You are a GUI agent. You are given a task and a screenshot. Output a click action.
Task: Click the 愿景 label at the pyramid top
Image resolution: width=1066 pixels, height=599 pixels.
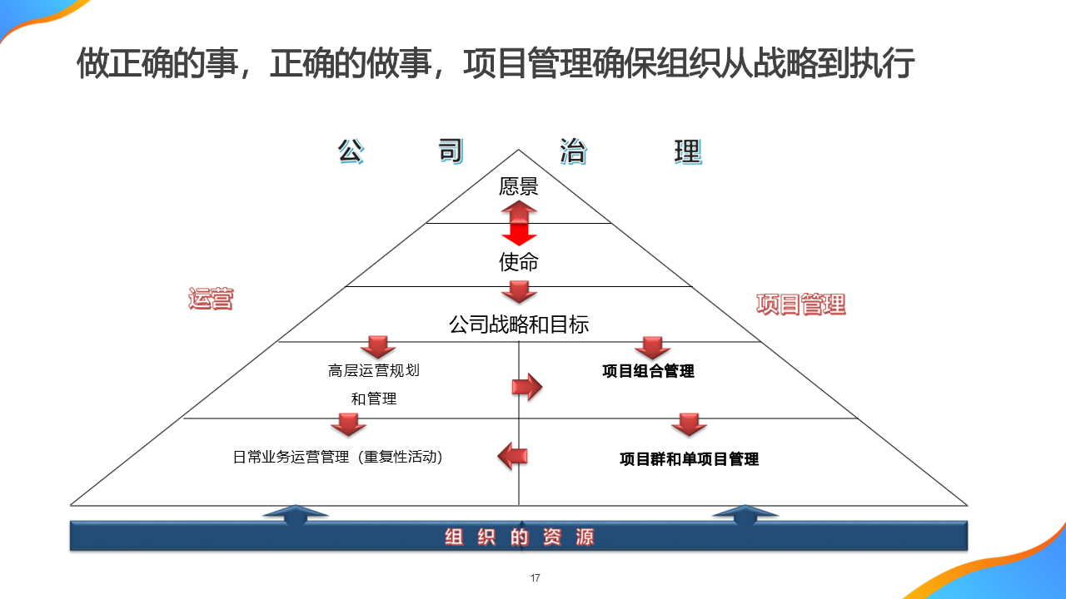(518, 186)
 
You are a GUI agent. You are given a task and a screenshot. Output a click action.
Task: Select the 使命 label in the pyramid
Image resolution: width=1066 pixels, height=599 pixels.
(518, 263)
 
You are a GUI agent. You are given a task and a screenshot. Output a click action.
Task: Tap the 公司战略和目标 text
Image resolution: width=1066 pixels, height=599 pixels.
(518, 324)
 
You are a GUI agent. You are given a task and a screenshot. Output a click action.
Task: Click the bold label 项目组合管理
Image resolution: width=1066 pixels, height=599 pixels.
(648, 371)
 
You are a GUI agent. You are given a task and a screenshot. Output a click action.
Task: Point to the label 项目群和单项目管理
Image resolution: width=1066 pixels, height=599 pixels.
(689, 458)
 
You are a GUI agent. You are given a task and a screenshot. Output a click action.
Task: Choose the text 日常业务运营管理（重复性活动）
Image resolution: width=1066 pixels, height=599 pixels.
(337, 457)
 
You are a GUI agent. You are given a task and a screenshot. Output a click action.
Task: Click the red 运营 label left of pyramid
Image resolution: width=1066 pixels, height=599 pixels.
(210, 299)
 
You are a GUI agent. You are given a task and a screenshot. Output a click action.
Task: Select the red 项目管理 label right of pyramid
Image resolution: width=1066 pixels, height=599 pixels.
(800, 304)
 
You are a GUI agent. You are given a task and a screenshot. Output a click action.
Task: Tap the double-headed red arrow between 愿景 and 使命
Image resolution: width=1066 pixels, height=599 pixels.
(519, 224)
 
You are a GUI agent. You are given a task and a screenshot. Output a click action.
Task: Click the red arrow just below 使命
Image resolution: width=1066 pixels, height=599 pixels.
(519, 292)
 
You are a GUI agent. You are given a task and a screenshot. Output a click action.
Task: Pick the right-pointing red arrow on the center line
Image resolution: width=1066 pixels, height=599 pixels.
(526, 387)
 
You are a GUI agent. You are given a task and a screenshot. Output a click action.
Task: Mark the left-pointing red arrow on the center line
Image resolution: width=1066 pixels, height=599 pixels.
(512, 455)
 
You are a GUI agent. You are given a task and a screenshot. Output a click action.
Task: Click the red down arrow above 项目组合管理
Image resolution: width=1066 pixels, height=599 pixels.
(653, 348)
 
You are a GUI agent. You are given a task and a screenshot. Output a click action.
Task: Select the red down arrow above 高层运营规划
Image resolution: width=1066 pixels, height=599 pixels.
(377, 347)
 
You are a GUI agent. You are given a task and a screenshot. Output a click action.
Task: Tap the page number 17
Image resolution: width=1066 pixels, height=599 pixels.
(535, 578)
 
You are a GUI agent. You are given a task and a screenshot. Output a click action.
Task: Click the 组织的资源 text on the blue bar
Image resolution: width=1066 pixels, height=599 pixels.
(519, 537)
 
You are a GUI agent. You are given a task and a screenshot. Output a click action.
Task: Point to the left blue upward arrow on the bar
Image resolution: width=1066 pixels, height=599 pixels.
(295, 515)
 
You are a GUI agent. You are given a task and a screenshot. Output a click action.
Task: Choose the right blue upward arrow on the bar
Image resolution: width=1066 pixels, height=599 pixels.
(745, 515)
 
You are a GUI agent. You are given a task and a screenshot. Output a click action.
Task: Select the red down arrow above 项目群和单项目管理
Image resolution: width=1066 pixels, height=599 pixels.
(689, 424)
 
